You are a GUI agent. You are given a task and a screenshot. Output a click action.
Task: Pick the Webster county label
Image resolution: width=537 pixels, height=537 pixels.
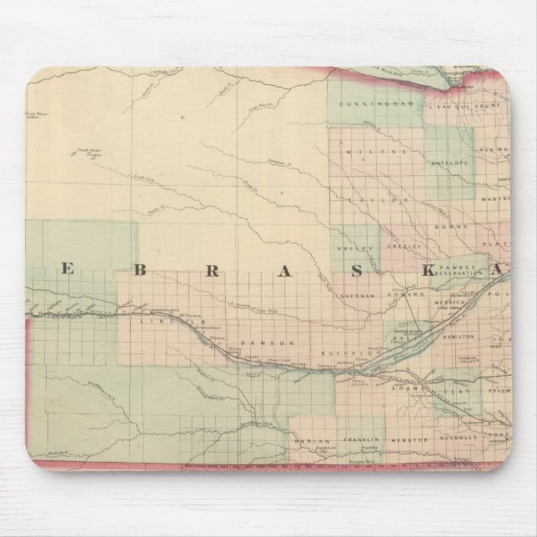tap(414, 439)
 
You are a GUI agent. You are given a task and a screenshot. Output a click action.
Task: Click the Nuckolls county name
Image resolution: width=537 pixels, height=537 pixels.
tap(465, 437)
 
